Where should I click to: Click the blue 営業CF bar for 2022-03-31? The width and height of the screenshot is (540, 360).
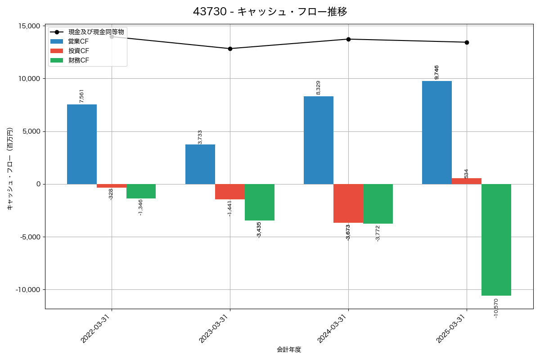coord(82,144)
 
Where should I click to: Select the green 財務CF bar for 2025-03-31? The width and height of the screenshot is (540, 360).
coord(496,240)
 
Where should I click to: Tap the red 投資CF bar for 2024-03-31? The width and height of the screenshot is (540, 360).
coord(348,203)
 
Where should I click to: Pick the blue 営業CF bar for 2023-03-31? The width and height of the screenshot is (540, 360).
coord(200,164)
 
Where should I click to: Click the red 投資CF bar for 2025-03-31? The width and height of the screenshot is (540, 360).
coord(466,181)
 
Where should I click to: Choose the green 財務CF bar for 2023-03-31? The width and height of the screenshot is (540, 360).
coord(260,202)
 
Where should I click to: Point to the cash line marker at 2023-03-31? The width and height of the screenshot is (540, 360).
coord(230,49)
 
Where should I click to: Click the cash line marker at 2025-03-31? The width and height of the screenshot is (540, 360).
coord(467,42)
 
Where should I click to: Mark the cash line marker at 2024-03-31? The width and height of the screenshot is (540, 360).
coord(348,39)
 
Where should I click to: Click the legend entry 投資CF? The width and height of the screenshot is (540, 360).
coord(78,51)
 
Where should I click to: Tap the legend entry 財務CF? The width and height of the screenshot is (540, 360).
coord(78,60)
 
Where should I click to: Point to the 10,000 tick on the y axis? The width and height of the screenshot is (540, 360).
coord(28,79)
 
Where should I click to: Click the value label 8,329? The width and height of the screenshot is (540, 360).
coord(319,88)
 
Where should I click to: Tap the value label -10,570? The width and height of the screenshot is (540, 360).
coord(496,309)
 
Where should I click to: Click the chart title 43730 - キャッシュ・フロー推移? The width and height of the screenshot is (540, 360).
coord(270,12)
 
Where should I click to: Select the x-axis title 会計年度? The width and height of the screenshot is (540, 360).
coord(289,350)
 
